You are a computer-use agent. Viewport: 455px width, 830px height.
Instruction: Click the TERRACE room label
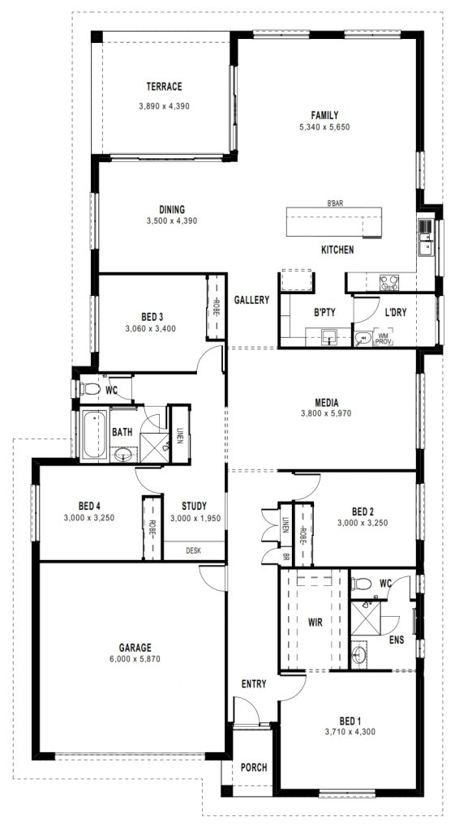164,86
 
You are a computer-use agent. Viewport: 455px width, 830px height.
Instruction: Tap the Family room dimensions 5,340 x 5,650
324,127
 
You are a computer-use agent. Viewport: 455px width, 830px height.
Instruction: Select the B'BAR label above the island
335,203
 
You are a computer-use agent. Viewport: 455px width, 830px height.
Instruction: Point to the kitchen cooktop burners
388,283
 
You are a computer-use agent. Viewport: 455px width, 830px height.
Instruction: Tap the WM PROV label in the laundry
383,339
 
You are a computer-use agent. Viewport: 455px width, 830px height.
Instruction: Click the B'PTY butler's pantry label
325,312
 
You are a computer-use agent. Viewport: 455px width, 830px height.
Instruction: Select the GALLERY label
251,300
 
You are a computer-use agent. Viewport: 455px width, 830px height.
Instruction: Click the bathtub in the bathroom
94,434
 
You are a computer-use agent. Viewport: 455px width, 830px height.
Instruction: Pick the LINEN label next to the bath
179,434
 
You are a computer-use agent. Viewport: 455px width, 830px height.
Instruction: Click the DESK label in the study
193,550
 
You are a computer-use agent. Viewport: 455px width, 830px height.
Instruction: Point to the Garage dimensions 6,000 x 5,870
135,659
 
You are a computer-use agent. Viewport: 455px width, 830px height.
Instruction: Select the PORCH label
254,767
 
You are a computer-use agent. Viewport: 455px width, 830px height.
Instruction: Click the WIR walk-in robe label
315,622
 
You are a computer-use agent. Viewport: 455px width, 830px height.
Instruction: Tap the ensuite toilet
361,584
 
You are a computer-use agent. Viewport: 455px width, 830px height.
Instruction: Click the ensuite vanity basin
359,652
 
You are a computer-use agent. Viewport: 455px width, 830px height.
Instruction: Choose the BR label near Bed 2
285,558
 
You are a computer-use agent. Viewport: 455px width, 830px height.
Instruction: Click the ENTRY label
254,684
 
